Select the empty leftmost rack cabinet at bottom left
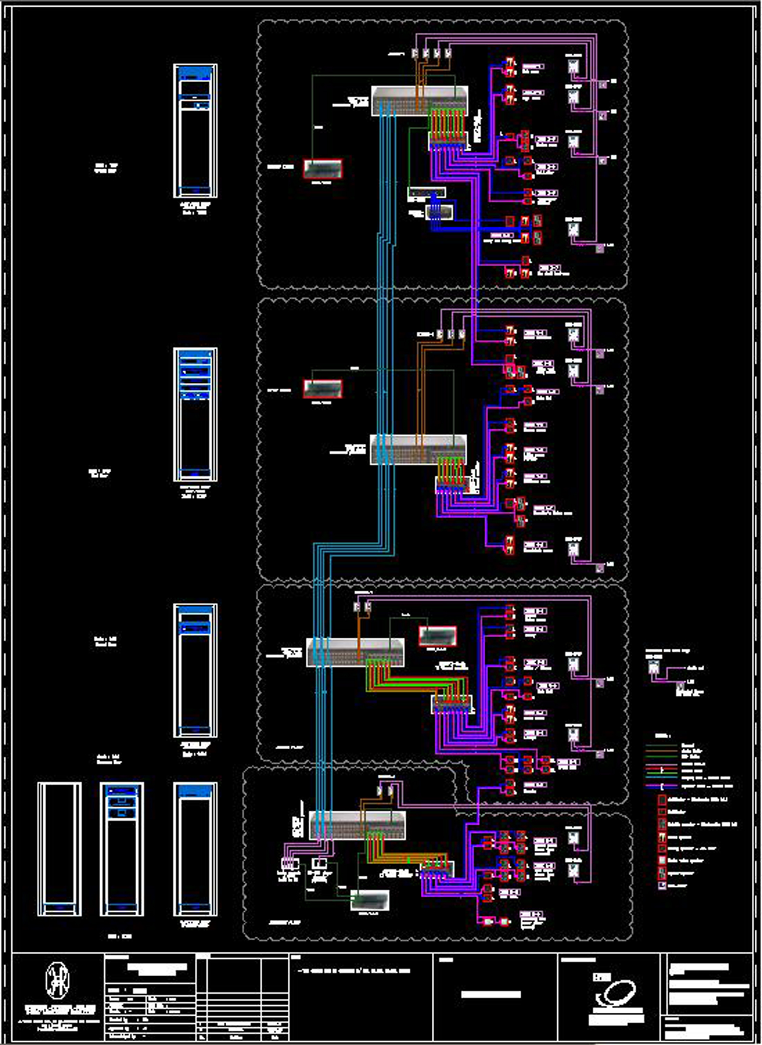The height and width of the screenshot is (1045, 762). coord(60,849)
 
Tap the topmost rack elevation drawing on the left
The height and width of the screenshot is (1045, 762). coord(195,131)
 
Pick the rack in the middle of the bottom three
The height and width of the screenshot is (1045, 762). coord(122,849)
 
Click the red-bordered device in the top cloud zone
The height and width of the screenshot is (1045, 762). coord(323,169)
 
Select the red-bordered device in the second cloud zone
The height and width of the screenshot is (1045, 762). coord(323,389)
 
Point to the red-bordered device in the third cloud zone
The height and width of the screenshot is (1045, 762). coord(438,636)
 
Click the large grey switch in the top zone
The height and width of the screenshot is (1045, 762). coord(419,101)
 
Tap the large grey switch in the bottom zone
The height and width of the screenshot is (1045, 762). coord(357,825)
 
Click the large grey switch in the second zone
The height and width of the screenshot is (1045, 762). coord(418,449)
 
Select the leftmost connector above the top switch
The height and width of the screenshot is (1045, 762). coord(415,53)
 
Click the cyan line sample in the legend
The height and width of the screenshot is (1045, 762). coord(662,777)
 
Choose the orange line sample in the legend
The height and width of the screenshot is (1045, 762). coord(662,751)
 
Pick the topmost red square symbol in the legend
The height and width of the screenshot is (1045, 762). coord(662,799)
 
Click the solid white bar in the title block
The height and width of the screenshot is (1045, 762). coord(491,994)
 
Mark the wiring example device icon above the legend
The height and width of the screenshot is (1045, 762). coord(653,667)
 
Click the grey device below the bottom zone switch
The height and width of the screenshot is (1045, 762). coord(370,900)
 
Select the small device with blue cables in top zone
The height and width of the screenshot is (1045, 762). coord(439,212)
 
